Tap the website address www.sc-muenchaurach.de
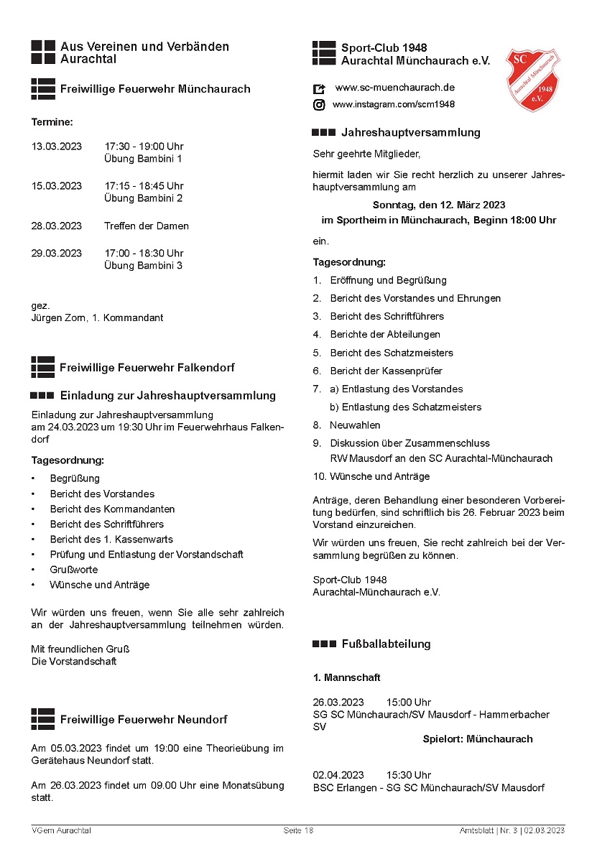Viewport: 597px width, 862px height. [x=395, y=88]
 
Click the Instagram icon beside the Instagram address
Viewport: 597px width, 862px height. [x=319, y=105]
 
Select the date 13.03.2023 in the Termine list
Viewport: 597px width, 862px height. [x=57, y=147]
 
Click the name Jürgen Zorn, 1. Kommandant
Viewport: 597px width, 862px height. [x=97, y=318]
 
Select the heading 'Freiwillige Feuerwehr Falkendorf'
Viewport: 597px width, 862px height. [x=147, y=368]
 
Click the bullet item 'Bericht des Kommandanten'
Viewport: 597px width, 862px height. [x=112, y=509]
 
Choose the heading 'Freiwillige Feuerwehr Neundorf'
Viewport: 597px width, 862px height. [x=144, y=719]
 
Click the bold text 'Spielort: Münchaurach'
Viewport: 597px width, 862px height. [x=478, y=738]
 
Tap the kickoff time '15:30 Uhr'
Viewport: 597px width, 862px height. [x=409, y=775]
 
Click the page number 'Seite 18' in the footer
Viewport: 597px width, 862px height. [x=298, y=830]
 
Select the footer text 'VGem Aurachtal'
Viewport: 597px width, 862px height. [x=61, y=830]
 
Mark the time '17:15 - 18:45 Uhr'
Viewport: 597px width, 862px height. [x=144, y=185]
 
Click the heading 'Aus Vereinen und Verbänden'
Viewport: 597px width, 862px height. [x=144, y=47]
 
